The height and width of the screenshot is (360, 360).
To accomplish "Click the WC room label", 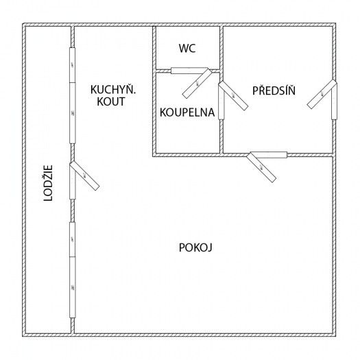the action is point(187,48).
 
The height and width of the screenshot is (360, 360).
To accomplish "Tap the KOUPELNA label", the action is point(187,112).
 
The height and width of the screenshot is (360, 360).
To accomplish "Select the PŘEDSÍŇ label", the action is point(274,91).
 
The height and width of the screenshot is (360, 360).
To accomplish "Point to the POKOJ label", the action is point(195,248).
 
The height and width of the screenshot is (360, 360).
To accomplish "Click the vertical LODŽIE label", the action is point(48,183).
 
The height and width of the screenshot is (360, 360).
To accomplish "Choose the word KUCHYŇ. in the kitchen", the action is point(113,90).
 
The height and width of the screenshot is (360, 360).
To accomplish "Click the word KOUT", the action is point(111,101).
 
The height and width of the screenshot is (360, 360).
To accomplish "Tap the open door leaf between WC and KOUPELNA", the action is point(197,84).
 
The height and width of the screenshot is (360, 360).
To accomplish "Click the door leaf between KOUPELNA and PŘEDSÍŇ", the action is point(233,95).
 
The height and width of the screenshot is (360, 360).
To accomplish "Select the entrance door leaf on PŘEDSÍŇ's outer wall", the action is point(322,94).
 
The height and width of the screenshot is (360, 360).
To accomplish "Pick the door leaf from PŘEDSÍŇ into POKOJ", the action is point(261,167).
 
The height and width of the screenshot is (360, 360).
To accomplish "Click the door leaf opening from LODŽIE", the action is point(84,176).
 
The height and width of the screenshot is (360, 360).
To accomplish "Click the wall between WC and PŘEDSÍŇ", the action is point(221,48).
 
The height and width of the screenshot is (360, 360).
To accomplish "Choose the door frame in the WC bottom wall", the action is point(189,71).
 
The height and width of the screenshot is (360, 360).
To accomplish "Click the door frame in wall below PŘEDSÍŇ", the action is point(269,155).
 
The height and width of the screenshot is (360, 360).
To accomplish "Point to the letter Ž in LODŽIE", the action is point(48,181).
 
